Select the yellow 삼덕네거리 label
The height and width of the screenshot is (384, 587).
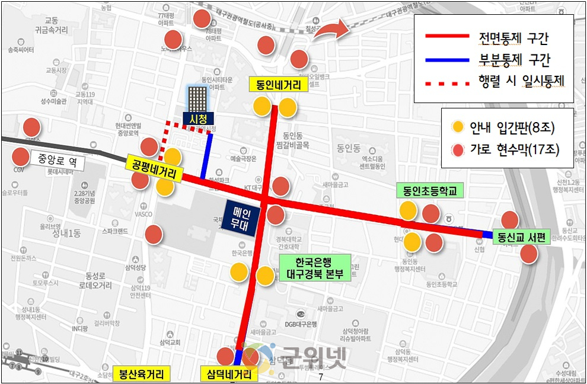pos(229,375)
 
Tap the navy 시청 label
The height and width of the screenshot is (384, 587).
pos(197,119)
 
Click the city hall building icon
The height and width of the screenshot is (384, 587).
pos(197,98)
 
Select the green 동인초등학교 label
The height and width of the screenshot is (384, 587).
pos(430,191)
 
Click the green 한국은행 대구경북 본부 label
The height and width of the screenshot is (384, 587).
pos(315,268)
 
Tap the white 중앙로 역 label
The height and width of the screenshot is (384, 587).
pos(58,160)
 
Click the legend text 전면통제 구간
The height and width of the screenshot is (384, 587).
pos(513,39)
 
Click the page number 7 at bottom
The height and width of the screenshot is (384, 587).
pos(321,377)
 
